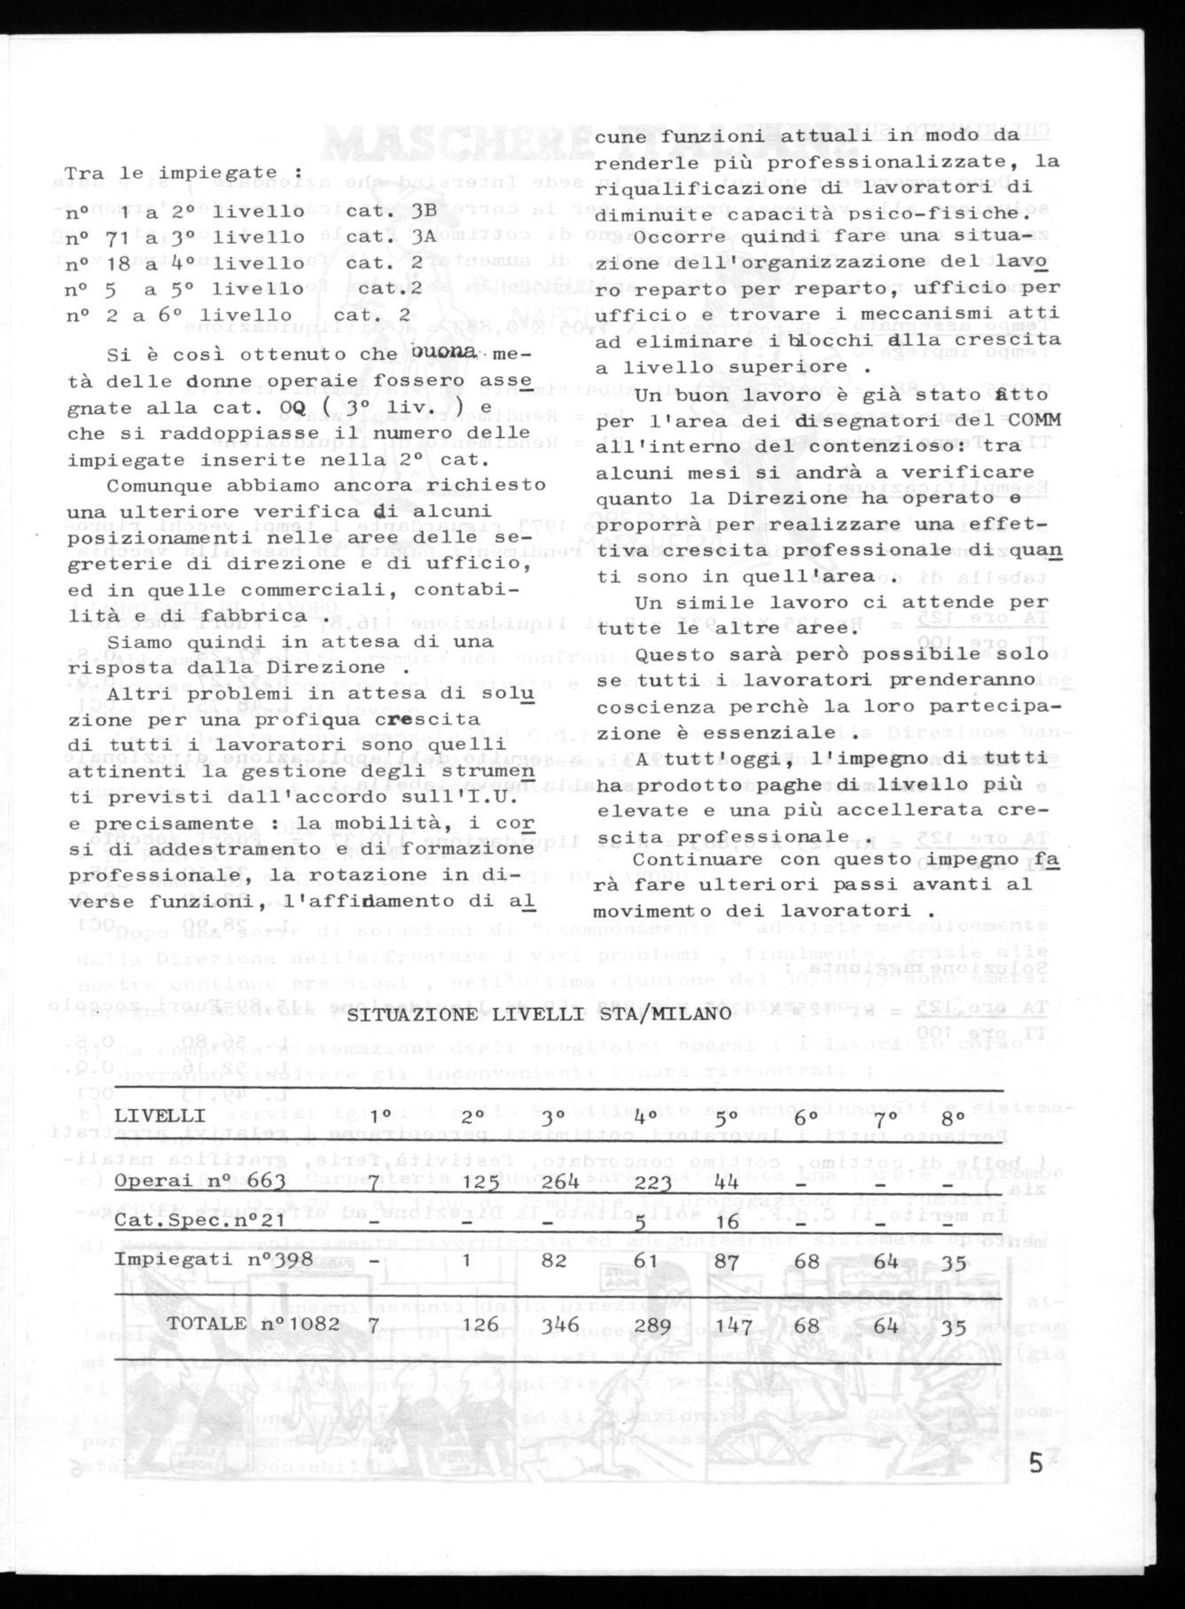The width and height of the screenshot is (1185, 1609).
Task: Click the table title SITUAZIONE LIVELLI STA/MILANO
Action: click(x=539, y=1014)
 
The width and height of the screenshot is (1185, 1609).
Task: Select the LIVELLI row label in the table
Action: click(x=160, y=1114)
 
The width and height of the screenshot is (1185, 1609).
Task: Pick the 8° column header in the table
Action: click(x=955, y=1114)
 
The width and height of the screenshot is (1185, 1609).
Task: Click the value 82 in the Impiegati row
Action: click(x=554, y=1260)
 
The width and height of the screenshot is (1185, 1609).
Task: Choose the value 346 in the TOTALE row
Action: click(x=560, y=1324)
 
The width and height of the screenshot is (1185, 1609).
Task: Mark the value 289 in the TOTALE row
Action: click(x=654, y=1324)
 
